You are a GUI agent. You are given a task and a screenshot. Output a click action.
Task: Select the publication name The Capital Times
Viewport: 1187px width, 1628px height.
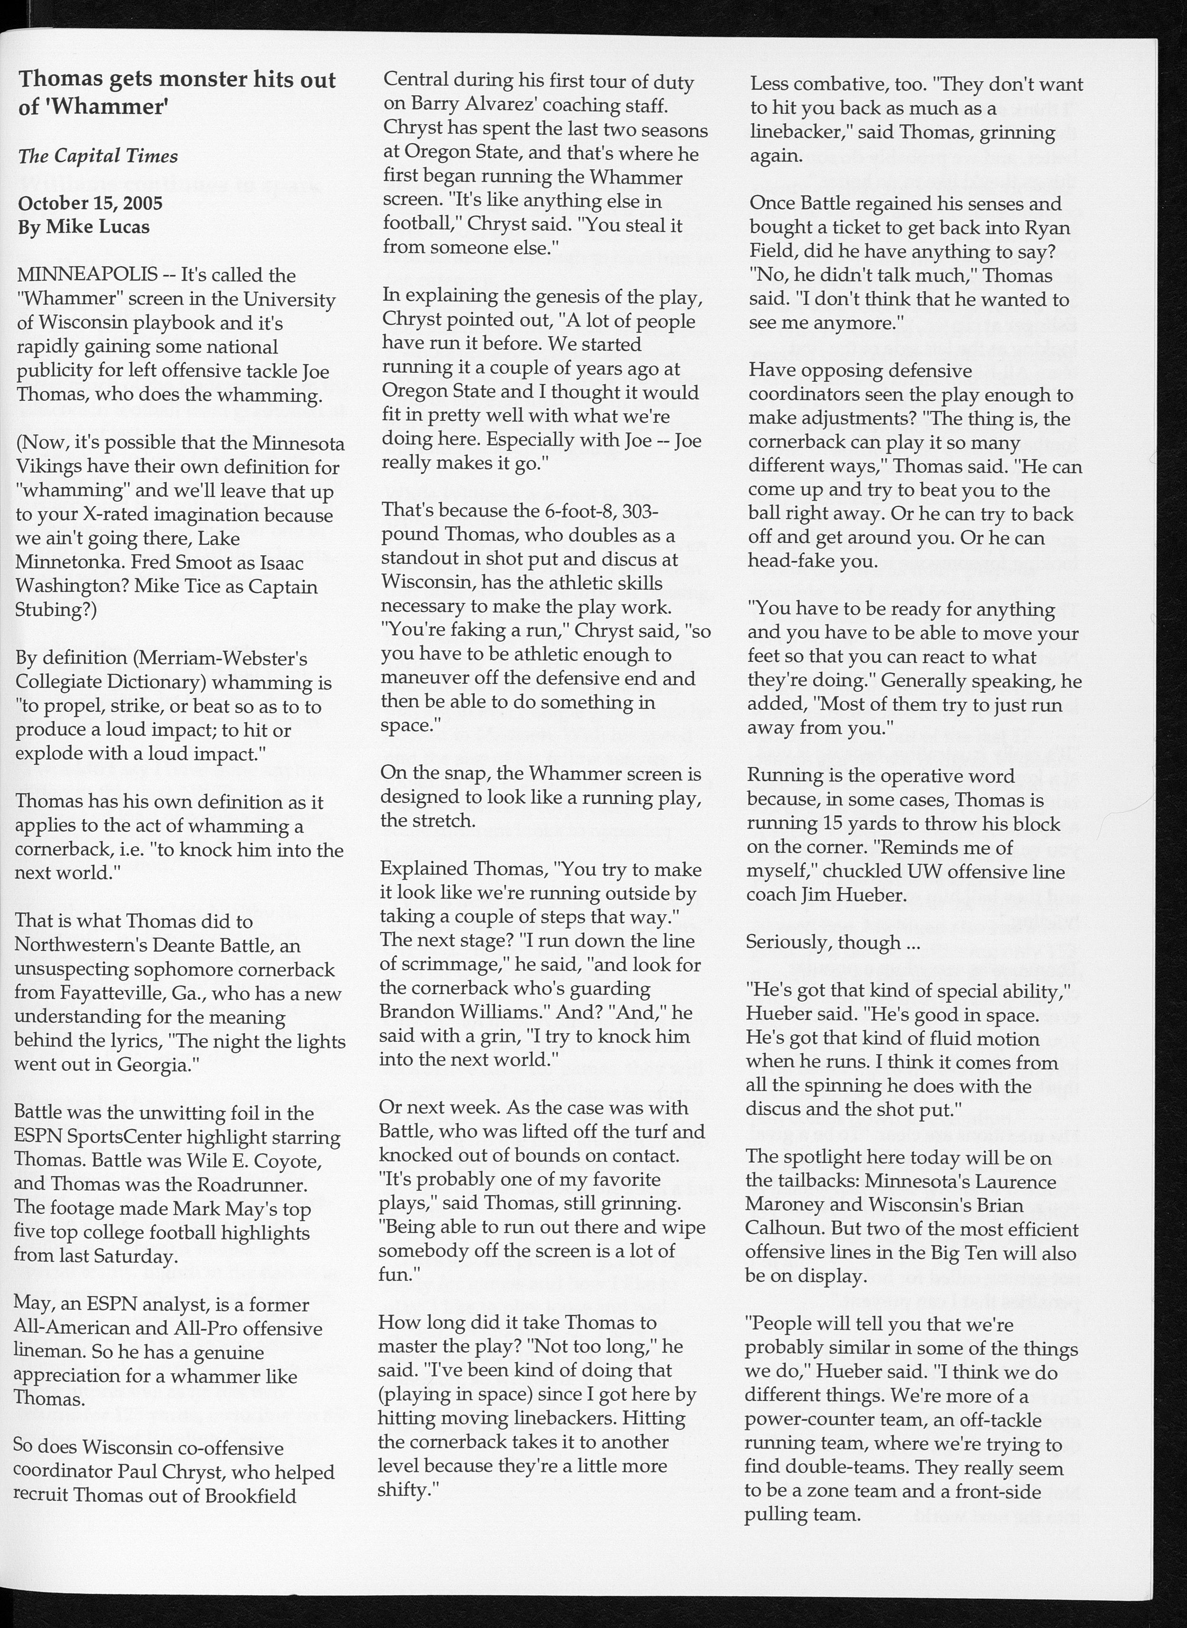click(97, 156)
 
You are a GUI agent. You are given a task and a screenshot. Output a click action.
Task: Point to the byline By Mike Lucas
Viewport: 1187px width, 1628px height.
click(84, 227)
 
